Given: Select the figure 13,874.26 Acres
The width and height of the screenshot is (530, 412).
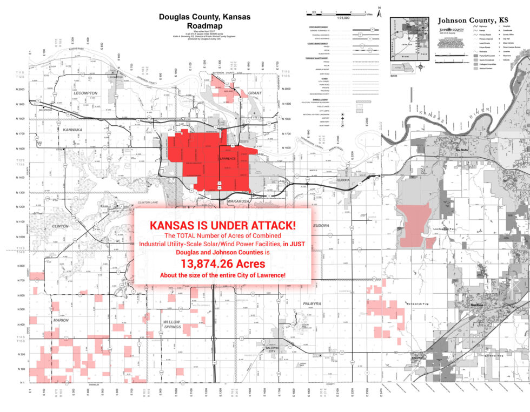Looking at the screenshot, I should click(x=223, y=264).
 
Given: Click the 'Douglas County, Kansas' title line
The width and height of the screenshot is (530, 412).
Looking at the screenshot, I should click(x=204, y=17).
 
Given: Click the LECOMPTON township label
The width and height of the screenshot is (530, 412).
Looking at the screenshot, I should click(x=85, y=93).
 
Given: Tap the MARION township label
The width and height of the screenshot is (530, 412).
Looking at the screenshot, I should click(x=61, y=320).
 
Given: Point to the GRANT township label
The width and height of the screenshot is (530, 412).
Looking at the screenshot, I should click(x=255, y=93).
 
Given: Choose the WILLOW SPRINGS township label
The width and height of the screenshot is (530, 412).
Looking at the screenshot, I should click(x=173, y=324).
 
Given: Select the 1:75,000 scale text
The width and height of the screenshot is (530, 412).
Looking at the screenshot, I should click(x=342, y=18).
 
